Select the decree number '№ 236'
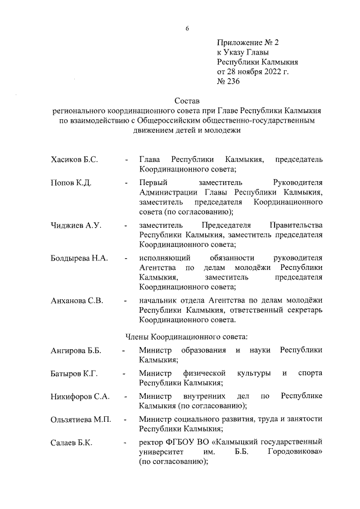pyautogui.click(x=228, y=81)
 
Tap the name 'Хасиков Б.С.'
pyautogui.click(x=74, y=160)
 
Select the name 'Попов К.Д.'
pyautogui.click(x=71, y=183)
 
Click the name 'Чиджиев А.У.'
pyautogui.click(x=75, y=226)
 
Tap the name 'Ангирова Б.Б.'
pyautogui.click(x=75, y=351)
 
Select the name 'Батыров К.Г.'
pyautogui.click(x=74, y=373)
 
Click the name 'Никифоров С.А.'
pyautogui.click(x=79, y=396)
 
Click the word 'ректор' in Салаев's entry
pyautogui.click(x=151, y=442)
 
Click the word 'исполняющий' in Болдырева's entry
pyautogui.click(x=163, y=258)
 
